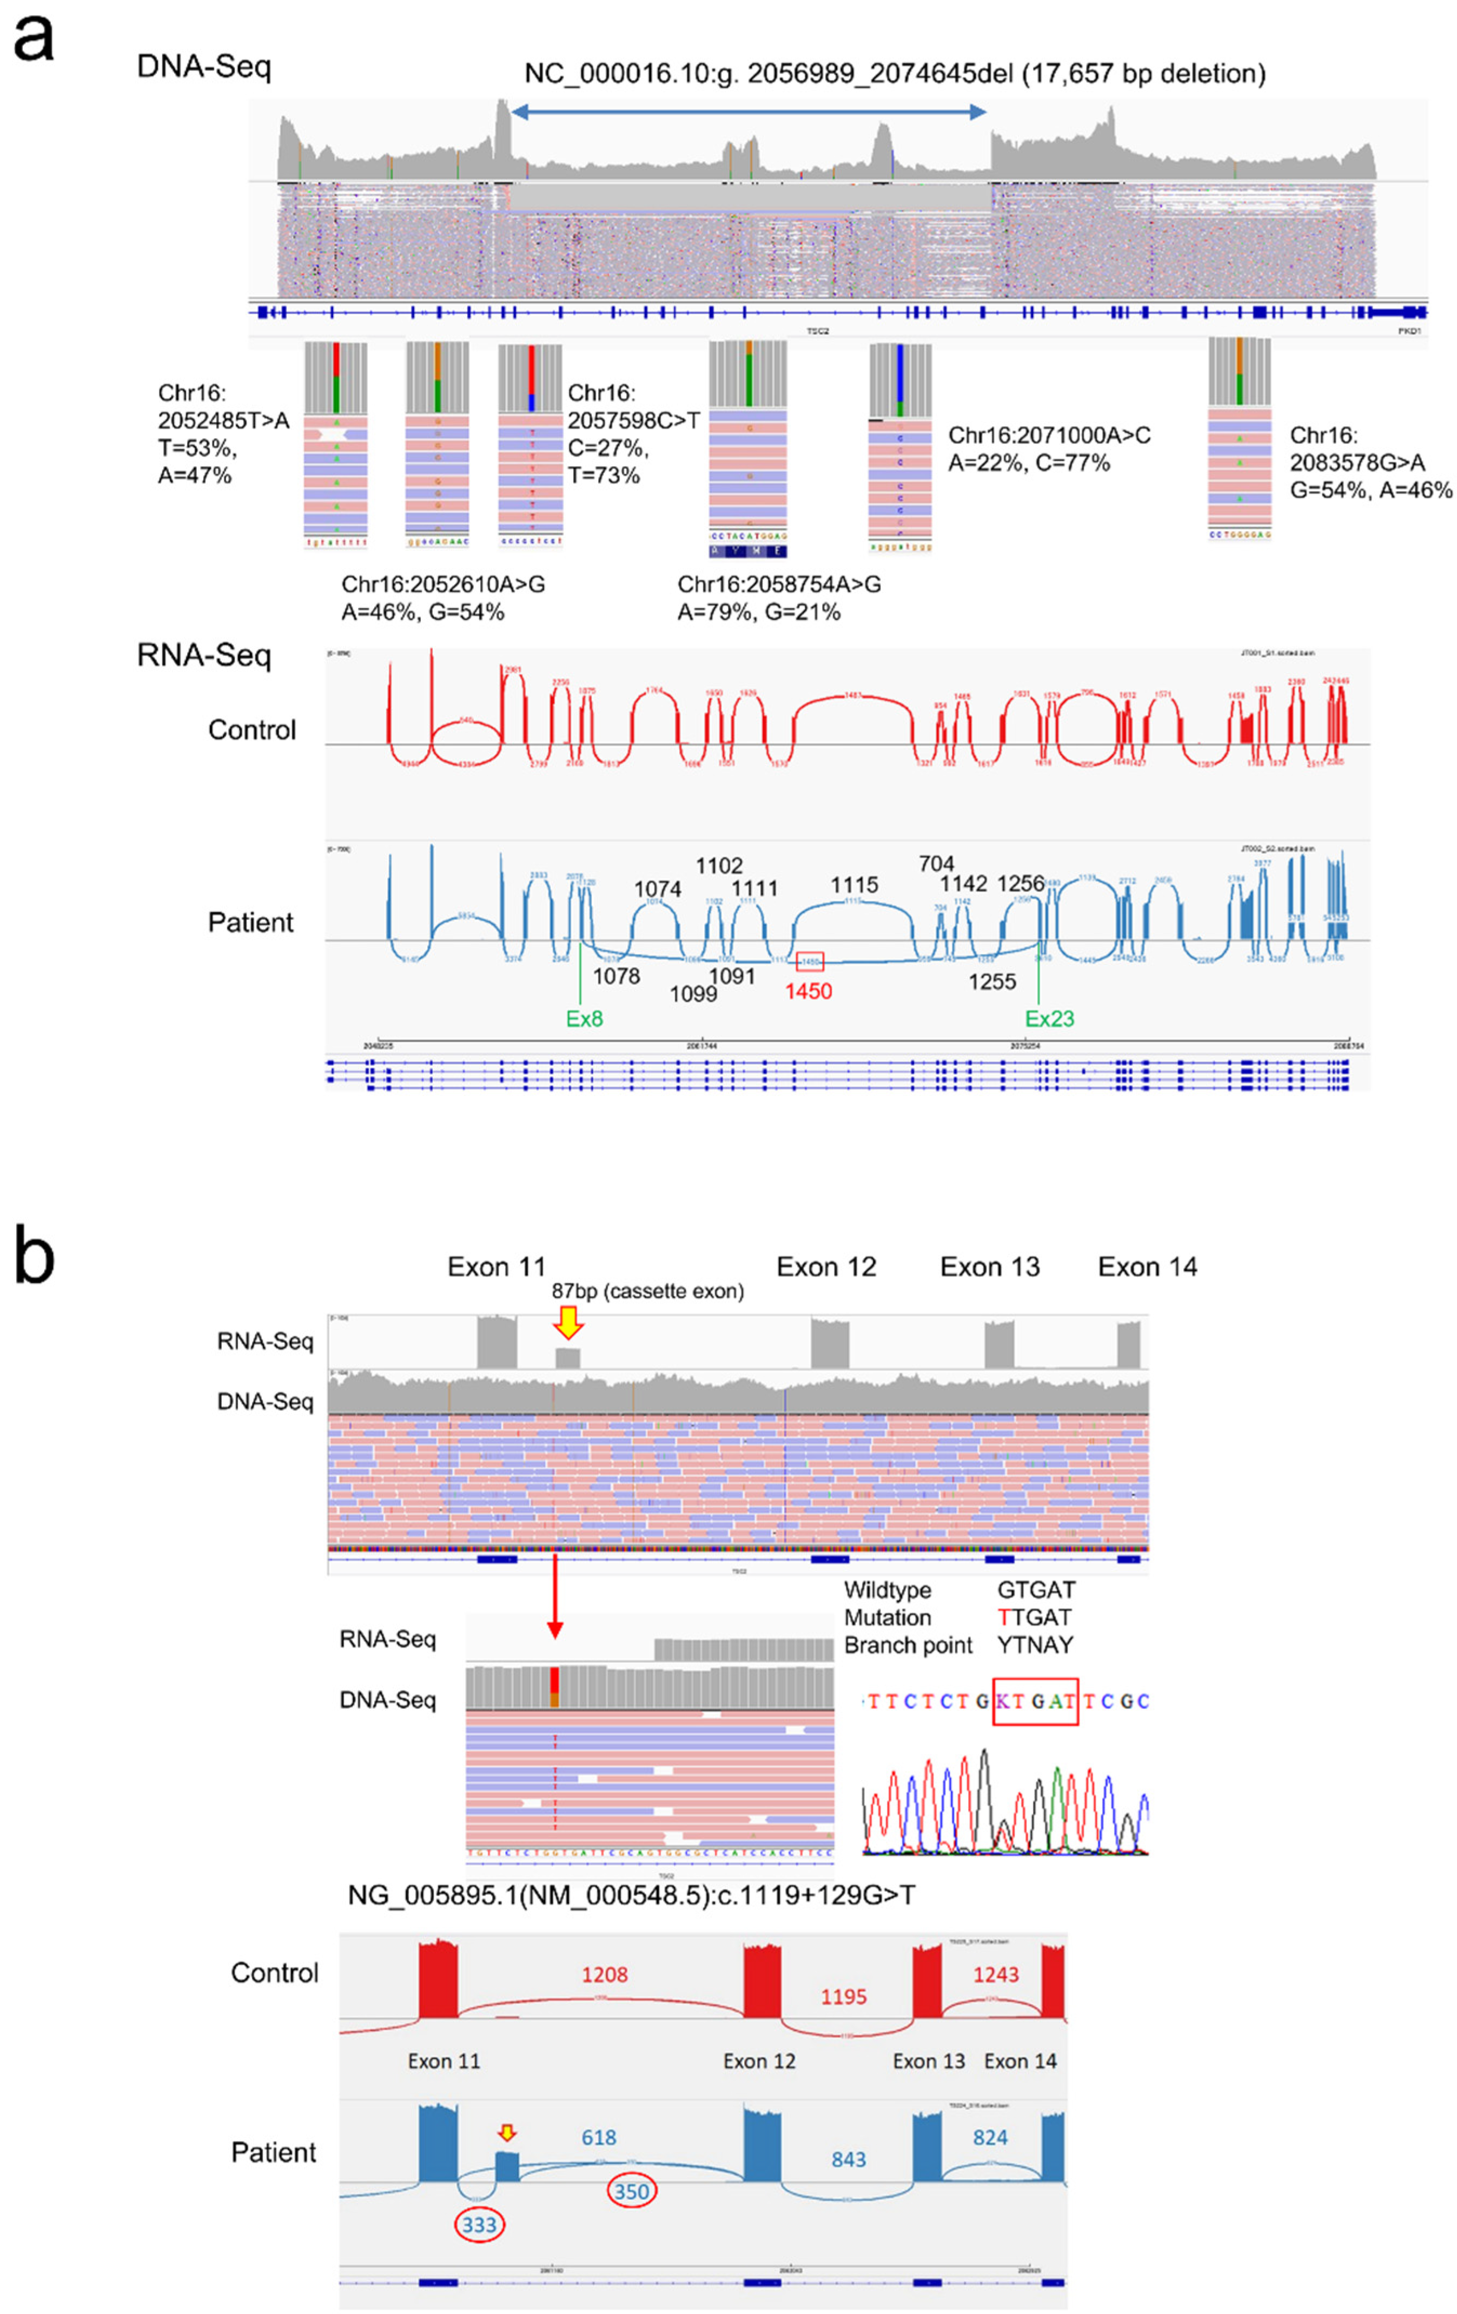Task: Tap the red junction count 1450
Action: (x=808, y=991)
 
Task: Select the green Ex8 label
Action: (x=584, y=1019)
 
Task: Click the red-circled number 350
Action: (x=632, y=2191)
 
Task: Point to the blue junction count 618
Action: (x=599, y=2137)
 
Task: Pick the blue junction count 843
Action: (x=849, y=2159)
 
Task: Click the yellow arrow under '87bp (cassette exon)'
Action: (x=569, y=1323)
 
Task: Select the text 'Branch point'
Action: (x=908, y=1645)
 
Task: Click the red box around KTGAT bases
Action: (x=1035, y=1701)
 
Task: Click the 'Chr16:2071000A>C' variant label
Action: (x=1049, y=435)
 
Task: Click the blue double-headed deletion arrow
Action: (x=749, y=112)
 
